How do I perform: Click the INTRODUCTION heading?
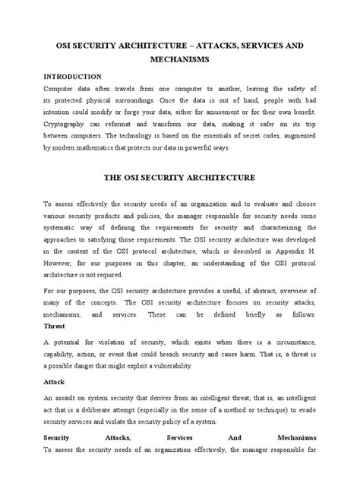(x=72, y=77)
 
